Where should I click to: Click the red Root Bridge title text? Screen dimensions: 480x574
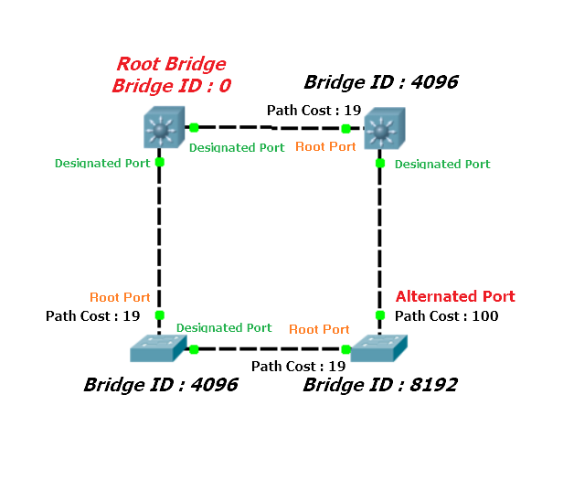tap(171, 65)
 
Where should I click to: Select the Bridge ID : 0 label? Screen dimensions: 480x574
tap(171, 87)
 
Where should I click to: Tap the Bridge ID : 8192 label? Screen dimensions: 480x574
tap(380, 385)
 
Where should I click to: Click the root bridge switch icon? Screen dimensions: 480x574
tap(162, 130)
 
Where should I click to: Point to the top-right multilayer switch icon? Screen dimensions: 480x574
tap(380, 130)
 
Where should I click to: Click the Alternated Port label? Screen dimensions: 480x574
tap(455, 296)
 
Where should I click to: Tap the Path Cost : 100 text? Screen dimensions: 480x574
tap(446, 315)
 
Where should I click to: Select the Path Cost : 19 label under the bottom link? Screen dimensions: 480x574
tap(298, 367)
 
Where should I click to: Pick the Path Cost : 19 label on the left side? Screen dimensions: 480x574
tap(92, 315)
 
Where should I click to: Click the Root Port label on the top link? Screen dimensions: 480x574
tap(326, 146)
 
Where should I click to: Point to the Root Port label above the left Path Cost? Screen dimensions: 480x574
tap(120, 297)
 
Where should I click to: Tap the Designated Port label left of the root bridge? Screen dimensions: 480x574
tap(102, 164)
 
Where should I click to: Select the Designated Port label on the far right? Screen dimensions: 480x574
tap(442, 165)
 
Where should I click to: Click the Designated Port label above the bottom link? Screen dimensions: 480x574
tap(224, 327)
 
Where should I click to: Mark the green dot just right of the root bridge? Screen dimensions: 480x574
tap(194, 128)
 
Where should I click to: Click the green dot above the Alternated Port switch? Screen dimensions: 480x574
tap(381, 315)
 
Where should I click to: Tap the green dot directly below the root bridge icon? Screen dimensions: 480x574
tap(160, 163)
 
